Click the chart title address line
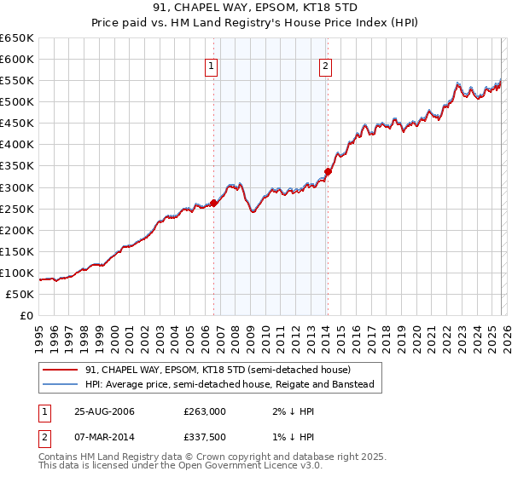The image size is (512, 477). pos(255,8)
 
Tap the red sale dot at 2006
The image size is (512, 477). pos(213,203)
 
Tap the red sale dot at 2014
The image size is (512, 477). pos(328,171)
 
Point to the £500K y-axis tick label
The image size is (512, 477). pos(17,102)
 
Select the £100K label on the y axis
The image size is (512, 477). pos(17,273)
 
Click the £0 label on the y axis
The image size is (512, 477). pos(26,315)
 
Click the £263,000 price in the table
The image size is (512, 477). pos(205,411)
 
